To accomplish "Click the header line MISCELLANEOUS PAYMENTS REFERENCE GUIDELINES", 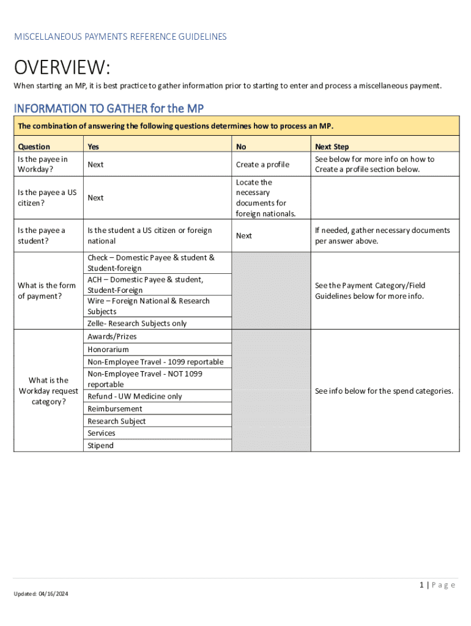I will tap(121, 37).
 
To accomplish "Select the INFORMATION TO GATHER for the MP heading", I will tap(109, 109).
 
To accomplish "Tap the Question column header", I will tap(34, 147).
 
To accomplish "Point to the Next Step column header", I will tap(332, 147).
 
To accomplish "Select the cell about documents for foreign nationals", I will tap(265, 198).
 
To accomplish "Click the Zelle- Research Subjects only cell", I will tap(137, 323).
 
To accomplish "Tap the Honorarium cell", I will tap(108, 350).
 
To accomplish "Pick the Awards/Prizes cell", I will tap(112, 337).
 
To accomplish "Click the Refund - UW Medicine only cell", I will tap(135, 396).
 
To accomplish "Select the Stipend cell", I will tap(100, 446).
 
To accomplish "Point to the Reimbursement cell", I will tap(115, 409).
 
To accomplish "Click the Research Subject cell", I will tap(117, 421).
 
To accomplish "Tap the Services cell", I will tap(102, 433).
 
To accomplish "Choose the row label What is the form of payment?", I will tap(46, 291).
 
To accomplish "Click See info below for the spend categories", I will tap(384, 391).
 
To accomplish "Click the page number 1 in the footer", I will tap(422, 585).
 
